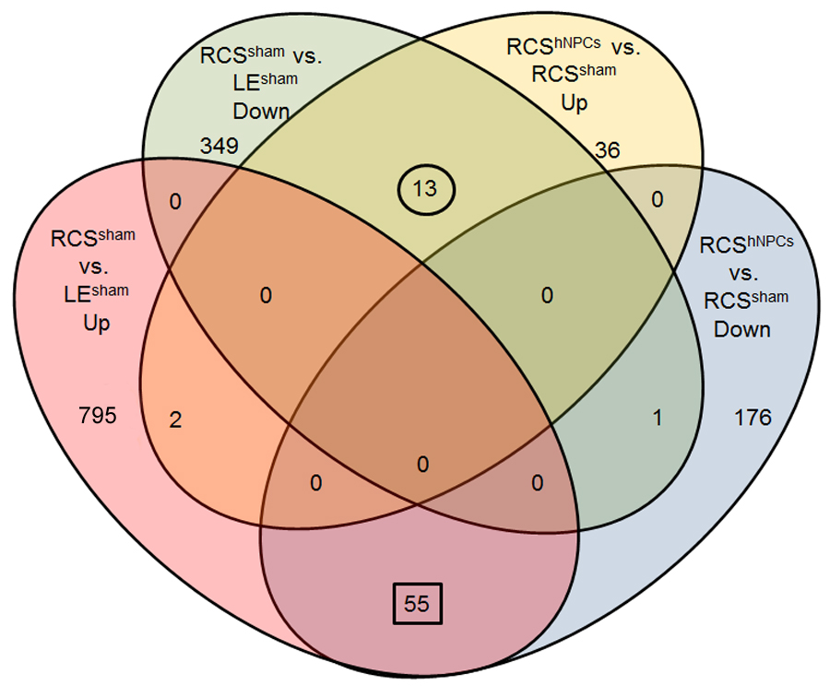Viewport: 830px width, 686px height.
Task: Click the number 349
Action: pos(219,147)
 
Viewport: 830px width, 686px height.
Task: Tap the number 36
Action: pos(607,149)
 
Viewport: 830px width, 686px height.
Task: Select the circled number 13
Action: pos(425,190)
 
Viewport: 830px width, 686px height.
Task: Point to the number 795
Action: pos(98,416)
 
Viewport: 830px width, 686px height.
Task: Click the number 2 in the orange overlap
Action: pos(175,420)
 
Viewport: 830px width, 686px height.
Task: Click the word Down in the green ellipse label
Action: pos(262,112)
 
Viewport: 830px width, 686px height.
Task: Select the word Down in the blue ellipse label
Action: pos(743,328)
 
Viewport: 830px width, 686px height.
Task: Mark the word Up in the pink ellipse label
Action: pos(97,324)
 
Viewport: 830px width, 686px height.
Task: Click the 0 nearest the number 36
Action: pos(658,198)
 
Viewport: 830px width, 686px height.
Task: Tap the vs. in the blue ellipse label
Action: pos(743,275)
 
